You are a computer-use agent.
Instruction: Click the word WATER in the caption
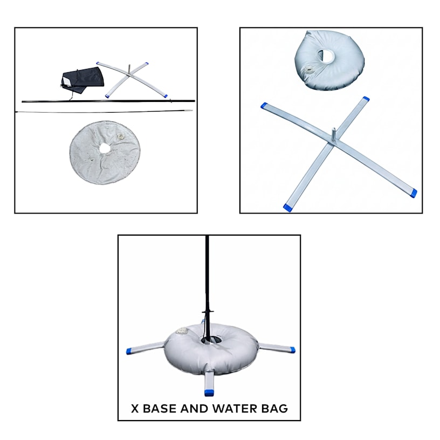[x=234, y=408]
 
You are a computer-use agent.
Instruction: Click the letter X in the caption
[x=135, y=408]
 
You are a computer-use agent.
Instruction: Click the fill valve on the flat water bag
[x=121, y=137]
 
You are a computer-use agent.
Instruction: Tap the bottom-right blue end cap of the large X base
[x=412, y=192]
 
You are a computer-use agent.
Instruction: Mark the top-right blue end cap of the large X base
[x=366, y=99]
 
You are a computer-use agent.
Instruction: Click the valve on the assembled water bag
[x=183, y=331]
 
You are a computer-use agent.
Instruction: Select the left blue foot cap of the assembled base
[x=129, y=351]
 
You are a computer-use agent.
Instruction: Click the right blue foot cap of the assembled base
[x=292, y=349]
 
